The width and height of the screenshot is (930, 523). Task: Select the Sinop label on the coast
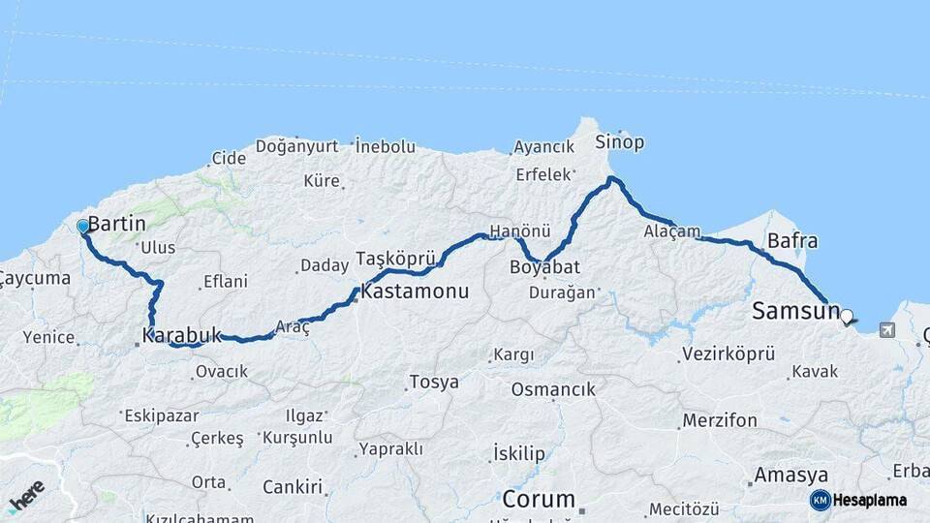pos(620,142)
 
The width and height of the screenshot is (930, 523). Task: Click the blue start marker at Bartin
pos(83,227)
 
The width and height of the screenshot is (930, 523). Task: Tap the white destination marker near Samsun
pos(848,316)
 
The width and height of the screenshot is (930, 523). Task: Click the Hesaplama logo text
pos(871,500)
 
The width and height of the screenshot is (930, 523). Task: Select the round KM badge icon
pos(820,500)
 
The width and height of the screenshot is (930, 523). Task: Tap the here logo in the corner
pos(25,496)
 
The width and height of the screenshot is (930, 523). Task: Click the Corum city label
pos(539,500)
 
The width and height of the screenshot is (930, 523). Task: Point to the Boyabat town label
pos(543,266)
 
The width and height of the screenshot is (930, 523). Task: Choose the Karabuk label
pos(182,336)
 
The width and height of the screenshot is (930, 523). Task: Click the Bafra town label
pos(791,241)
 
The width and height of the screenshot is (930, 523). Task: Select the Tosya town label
pos(434,382)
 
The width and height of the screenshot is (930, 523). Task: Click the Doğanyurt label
pos(297,146)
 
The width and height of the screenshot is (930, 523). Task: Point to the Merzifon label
pos(719,420)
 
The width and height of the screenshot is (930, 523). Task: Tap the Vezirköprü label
pos(728,354)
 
